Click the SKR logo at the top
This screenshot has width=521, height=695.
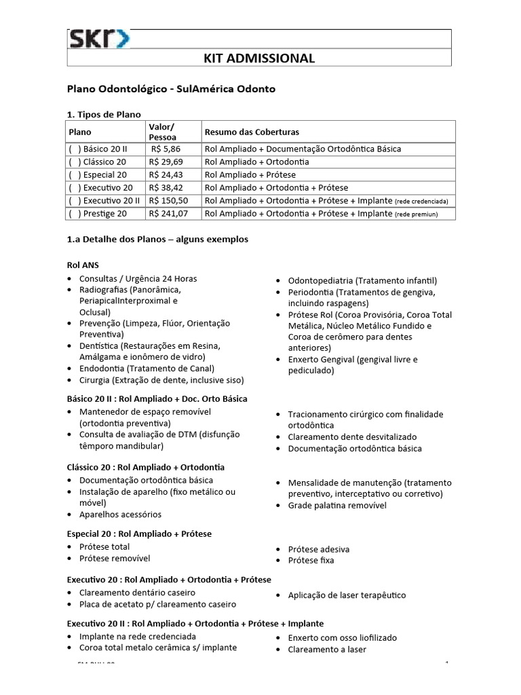99,39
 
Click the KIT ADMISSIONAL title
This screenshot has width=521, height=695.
259,58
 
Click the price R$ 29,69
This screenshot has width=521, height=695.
166,162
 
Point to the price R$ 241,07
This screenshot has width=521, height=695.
169,214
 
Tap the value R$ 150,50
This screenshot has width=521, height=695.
169,201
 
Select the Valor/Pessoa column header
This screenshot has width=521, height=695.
161,132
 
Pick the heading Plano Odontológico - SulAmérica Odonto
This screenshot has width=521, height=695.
171,89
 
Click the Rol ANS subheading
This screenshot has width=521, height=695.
83,264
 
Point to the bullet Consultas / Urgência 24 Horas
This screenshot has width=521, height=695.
138,279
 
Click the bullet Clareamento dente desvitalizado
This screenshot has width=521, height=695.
352,436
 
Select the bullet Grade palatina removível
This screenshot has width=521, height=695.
337,506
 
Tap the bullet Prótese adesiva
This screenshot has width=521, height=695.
319,549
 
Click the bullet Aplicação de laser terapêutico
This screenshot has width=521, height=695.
347,595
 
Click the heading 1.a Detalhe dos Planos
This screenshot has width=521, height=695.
157,240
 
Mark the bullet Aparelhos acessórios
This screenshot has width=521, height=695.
121,514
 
